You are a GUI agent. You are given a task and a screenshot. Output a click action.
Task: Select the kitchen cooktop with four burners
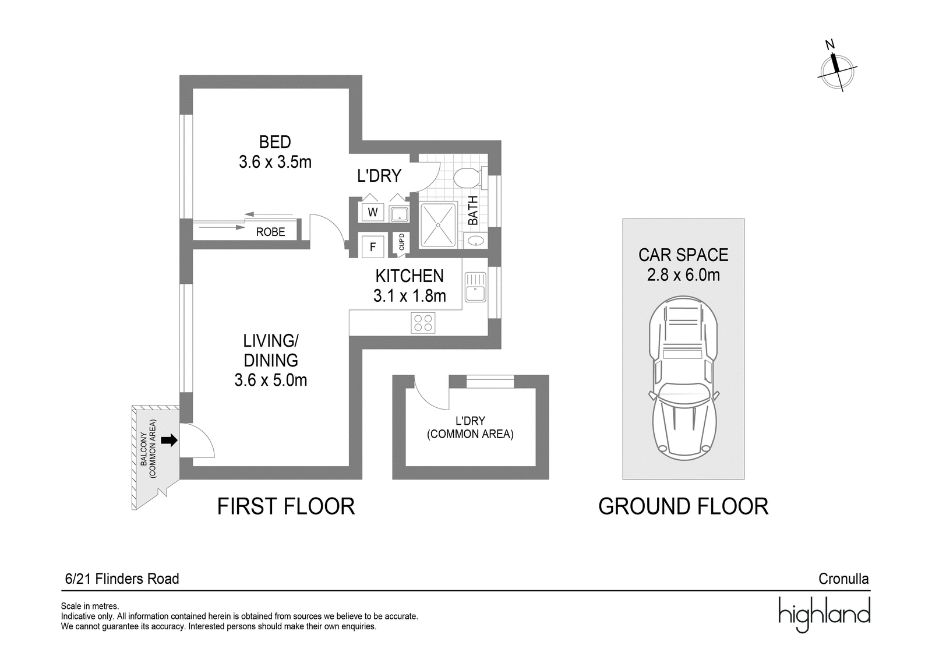click(423, 323)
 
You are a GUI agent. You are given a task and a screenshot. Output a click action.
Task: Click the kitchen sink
click(475, 287)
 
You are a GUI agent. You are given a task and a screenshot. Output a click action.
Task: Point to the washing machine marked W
click(372, 212)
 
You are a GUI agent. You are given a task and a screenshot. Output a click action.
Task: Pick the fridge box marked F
click(372, 247)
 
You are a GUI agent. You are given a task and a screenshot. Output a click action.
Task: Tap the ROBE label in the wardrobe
click(270, 232)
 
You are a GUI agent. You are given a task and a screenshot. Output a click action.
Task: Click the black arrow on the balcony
click(169, 440)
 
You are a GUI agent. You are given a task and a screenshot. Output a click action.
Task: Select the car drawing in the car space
click(683, 378)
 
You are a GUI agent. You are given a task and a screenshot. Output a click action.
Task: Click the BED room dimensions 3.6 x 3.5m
click(275, 162)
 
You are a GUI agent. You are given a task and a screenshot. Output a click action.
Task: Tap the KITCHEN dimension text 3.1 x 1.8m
click(409, 296)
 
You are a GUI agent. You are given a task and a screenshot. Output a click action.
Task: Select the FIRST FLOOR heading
click(286, 507)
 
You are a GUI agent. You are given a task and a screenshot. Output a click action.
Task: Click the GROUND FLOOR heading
click(683, 507)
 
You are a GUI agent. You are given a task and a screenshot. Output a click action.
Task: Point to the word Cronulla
click(844, 579)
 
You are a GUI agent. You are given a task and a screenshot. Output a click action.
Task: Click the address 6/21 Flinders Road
click(122, 579)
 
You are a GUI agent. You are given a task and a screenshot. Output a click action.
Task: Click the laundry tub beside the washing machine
click(399, 214)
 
